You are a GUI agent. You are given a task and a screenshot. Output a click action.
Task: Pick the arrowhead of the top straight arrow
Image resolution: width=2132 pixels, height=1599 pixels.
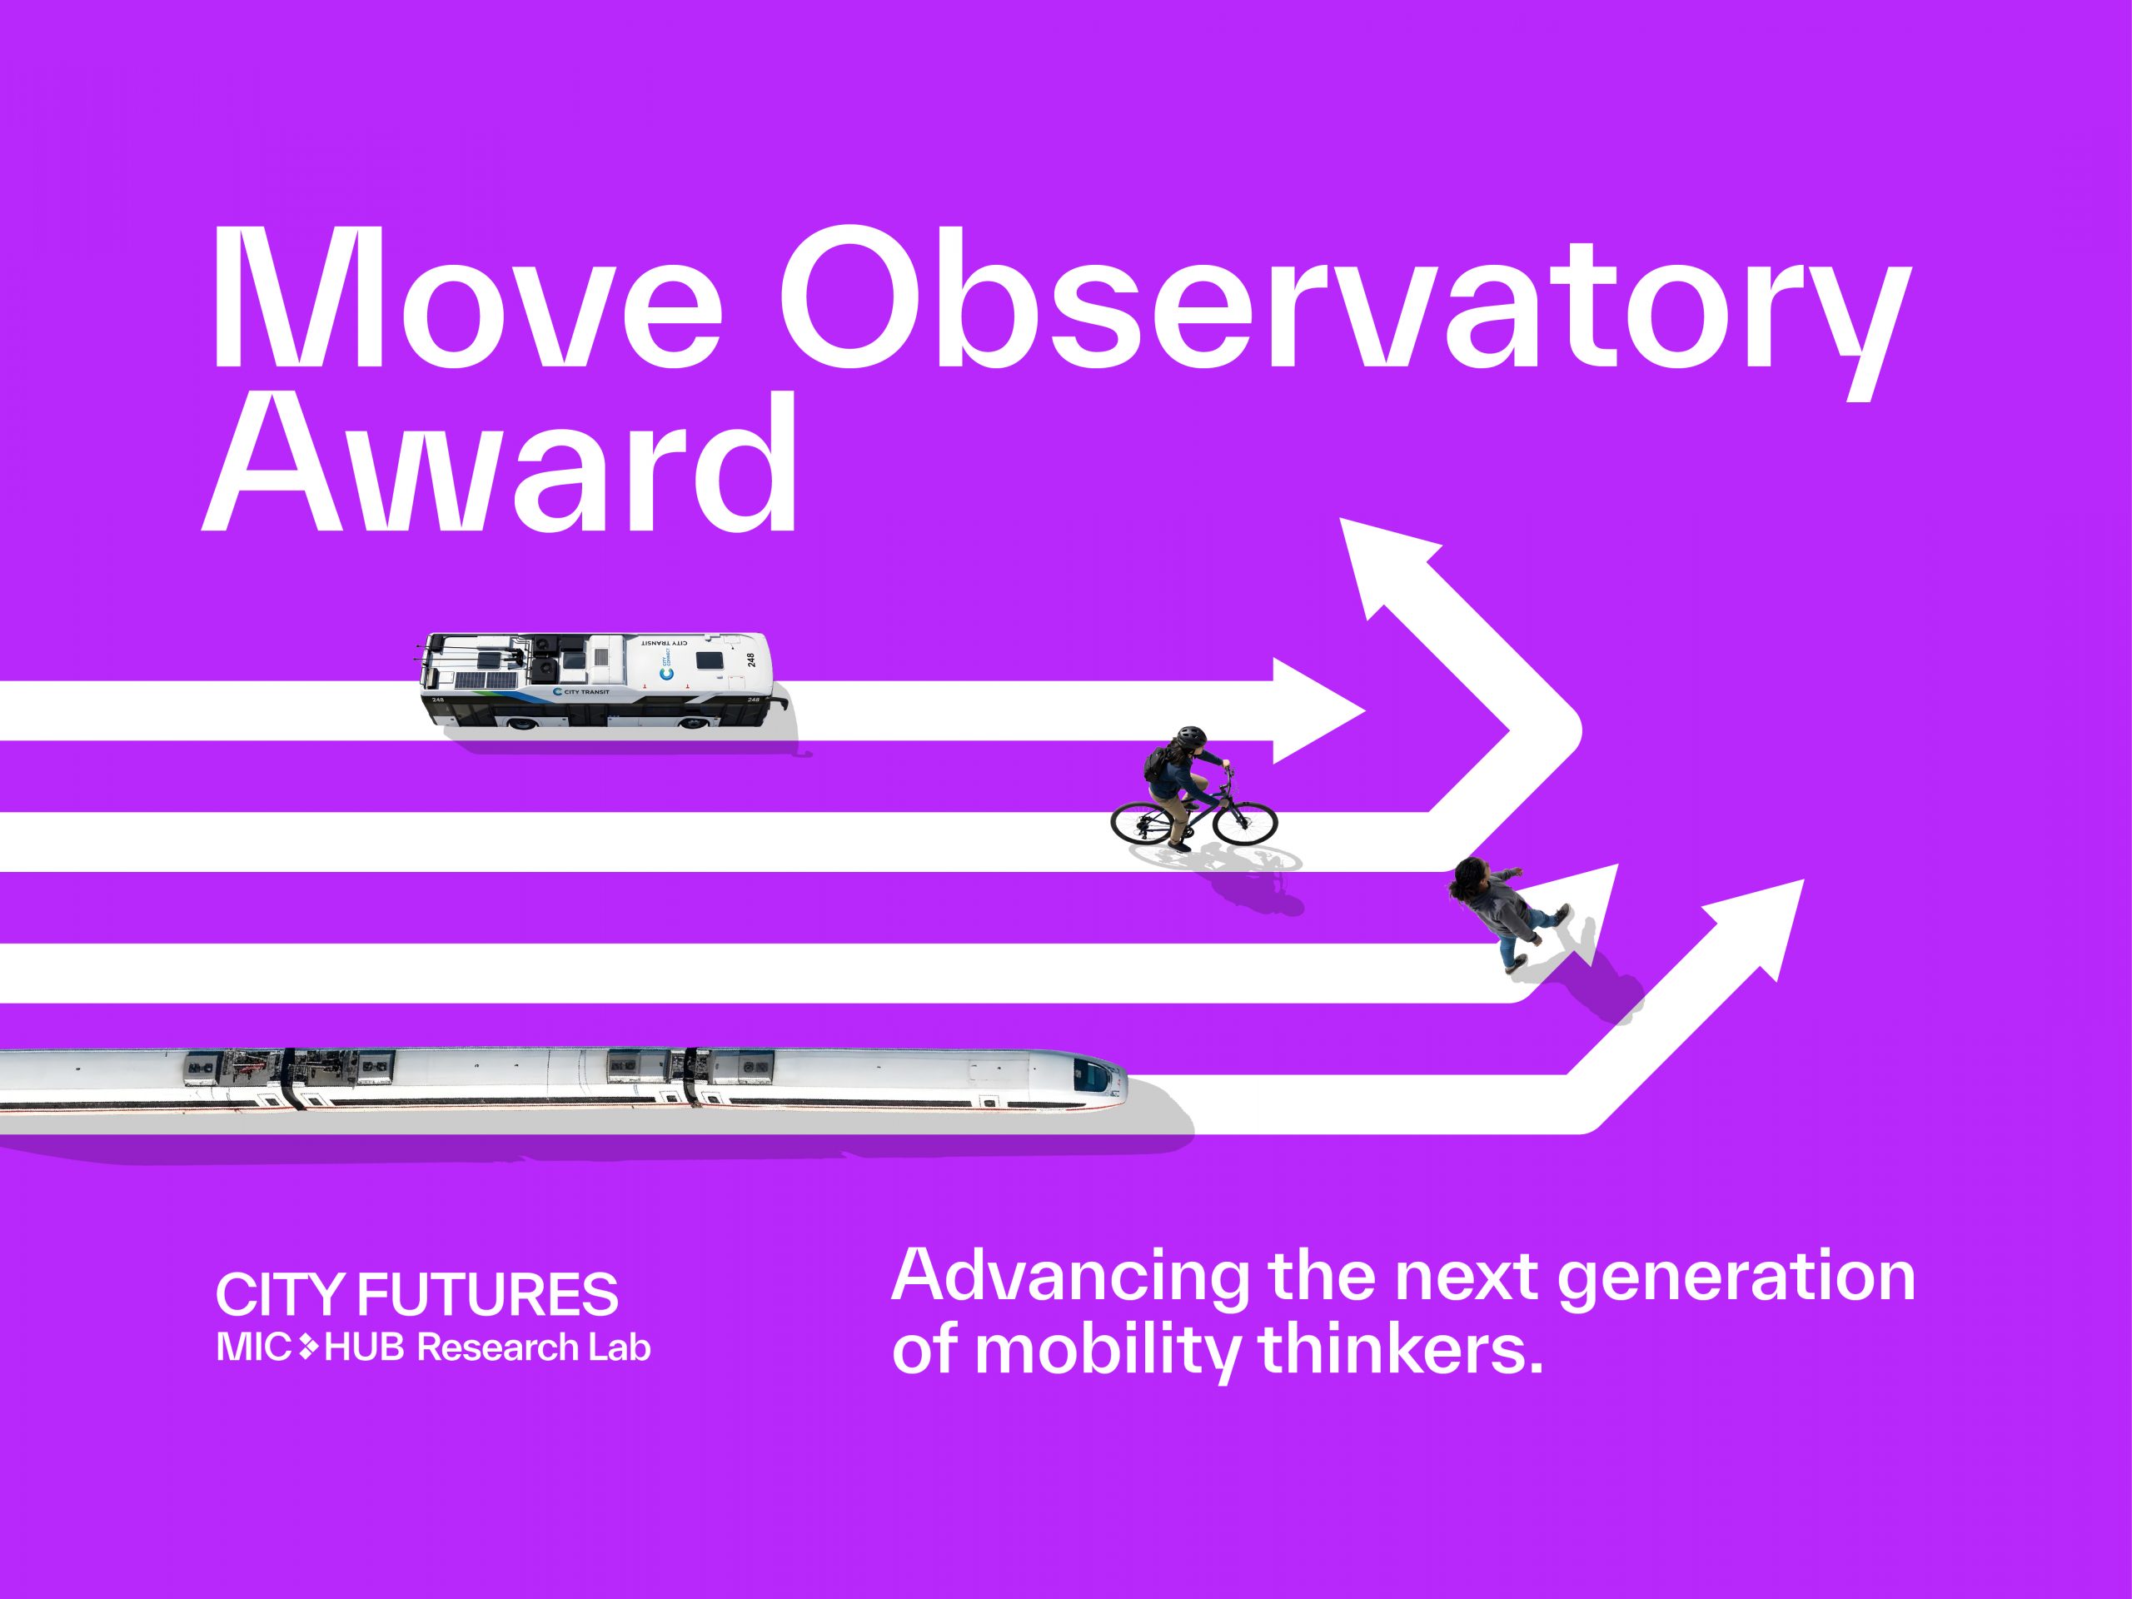pos(1313,711)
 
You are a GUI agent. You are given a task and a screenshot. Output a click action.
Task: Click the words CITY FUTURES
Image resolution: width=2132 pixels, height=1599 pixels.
pos(416,1294)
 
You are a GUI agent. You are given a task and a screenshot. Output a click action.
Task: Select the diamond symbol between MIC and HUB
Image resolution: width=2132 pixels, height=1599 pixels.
pos(308,1347)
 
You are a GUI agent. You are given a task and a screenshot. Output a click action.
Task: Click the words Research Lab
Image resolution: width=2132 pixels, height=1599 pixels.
pos(533,1347)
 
